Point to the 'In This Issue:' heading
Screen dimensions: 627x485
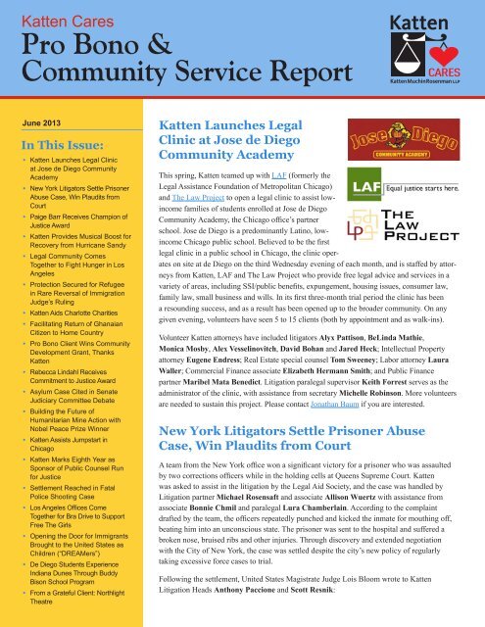pyautogui.click(x=61, y=146)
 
